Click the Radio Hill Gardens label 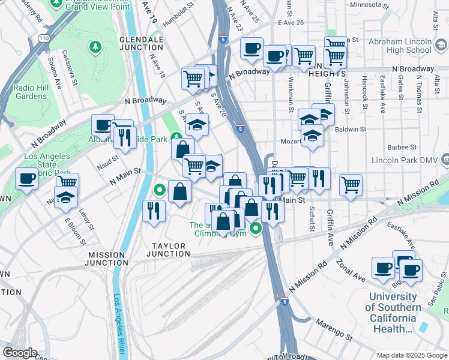click(31, 88)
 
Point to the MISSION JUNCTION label click(106, 259)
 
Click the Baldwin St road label click(351, 129)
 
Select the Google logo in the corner click(20, 353)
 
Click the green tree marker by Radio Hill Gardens click(94, 46)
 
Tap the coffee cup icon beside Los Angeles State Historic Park click(26, 178)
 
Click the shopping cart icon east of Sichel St click(351, 185)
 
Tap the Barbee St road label click(402, 147)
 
